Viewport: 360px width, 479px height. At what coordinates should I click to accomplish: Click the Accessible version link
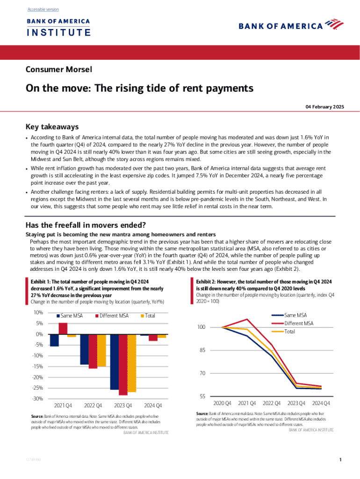click(43, 9)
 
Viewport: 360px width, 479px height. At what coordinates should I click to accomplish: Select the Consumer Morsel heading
click(58, 70)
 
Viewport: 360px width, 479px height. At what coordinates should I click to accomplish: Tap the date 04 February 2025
click(325, 107)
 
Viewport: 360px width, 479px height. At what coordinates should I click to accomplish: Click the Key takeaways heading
click(51, 127)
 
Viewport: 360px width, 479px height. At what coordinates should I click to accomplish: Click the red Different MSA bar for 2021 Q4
click(63, 328)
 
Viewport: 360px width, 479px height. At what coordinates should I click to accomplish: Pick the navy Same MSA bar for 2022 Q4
click(84, 349)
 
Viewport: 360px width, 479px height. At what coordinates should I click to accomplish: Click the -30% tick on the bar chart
click(37, 399)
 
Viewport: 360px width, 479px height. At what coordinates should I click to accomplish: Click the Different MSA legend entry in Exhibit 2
click(298, 323)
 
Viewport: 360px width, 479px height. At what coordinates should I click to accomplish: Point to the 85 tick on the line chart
click(201, 350)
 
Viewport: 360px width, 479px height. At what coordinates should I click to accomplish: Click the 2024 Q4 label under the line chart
click(321, 403)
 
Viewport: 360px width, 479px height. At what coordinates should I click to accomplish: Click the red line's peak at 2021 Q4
click(246, 319)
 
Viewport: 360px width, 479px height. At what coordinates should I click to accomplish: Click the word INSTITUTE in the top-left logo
click(58, 33)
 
